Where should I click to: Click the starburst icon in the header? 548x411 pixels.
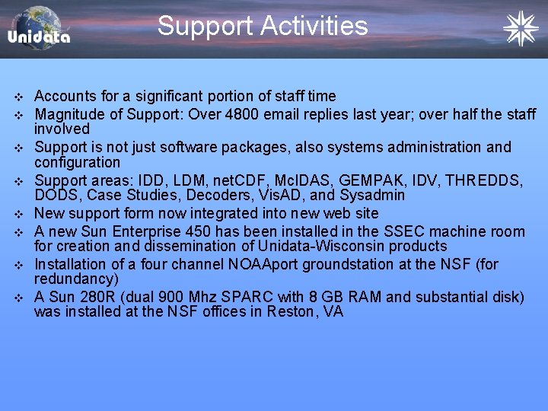coord(521,28)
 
